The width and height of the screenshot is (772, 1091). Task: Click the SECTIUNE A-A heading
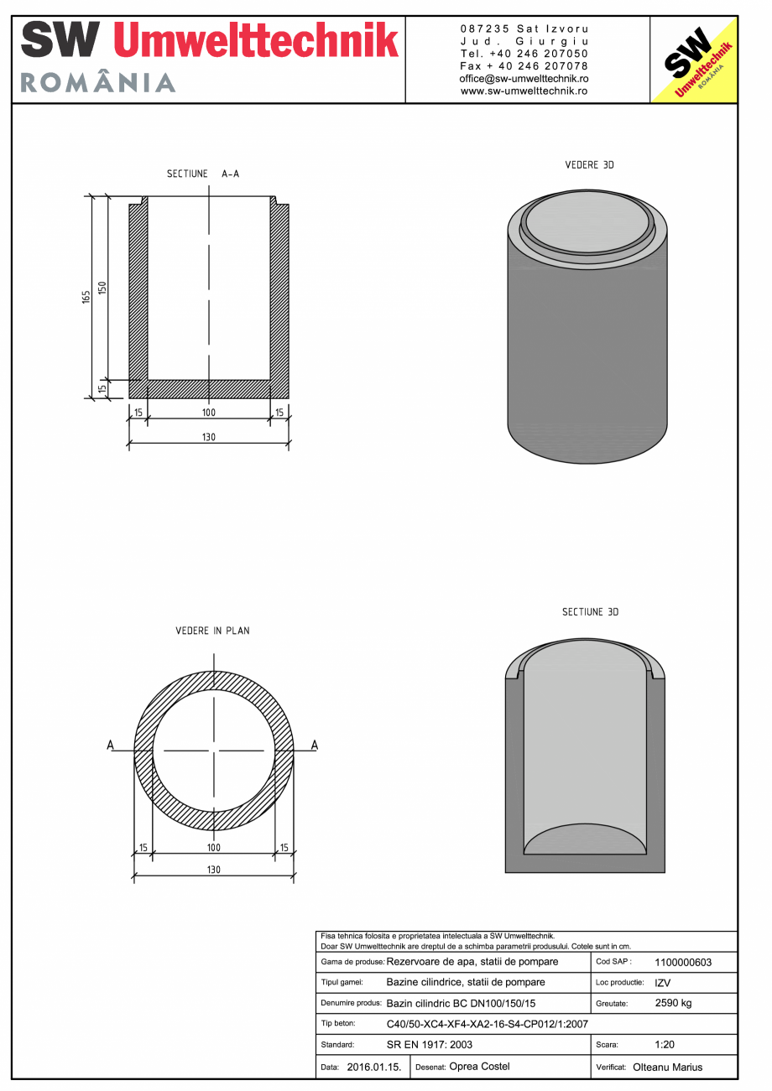click(x=203, y=174)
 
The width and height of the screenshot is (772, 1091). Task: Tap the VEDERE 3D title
click(x=589, y=165)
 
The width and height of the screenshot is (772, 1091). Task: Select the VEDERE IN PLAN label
click(x=212, y=631)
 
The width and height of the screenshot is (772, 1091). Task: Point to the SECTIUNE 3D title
click(x=590, y=612)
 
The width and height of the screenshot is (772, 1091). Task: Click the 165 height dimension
click(x=86, y=298)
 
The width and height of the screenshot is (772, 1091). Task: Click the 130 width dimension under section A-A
click(x=209, y=438)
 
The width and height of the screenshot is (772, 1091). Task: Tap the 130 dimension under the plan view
click(x=214, y=870)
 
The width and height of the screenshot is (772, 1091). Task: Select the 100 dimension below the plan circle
click(x=214, y=849)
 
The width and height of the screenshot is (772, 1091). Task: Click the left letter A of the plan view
click(x=110, y=745)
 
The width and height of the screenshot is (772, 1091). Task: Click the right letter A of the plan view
click(x=315, y=745)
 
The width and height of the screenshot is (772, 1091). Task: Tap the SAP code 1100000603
click(x=683, y=963)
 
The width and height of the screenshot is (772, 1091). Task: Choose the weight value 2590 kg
click(x=673, y=1003)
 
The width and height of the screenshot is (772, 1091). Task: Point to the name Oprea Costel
click(x=479, y=1067)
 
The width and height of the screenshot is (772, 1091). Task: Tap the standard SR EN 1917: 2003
click(x=430, y=1046)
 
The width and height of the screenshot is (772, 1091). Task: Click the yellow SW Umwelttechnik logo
click(x=694, y=60)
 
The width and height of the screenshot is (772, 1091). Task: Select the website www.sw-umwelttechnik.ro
click(x=524, y=91)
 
